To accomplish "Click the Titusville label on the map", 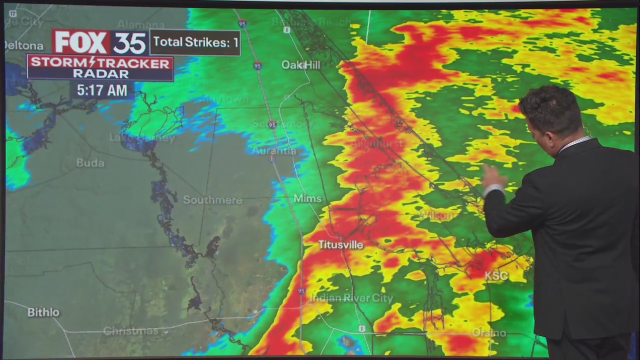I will point(341,244).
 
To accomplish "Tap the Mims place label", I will point(307,198).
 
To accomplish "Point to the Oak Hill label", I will point(300,64).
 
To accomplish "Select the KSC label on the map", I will point(496,275).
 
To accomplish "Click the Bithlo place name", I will point(43,312).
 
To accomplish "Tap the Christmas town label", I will point(130,331).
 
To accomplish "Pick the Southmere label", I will point(212,200).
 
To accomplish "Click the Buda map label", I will point(90,163).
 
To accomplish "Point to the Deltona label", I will point(23,45).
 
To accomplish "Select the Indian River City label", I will point(351,298).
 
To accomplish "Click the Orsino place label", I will point(488,332).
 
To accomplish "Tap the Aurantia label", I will point(274,150).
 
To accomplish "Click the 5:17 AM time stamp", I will point(102,90).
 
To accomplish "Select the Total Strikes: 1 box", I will point(195,42).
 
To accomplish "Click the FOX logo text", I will point(80,42).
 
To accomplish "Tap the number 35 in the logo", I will point(129,43).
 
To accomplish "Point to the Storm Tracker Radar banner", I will point(100,68).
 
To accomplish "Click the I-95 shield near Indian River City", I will point(301,291).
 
